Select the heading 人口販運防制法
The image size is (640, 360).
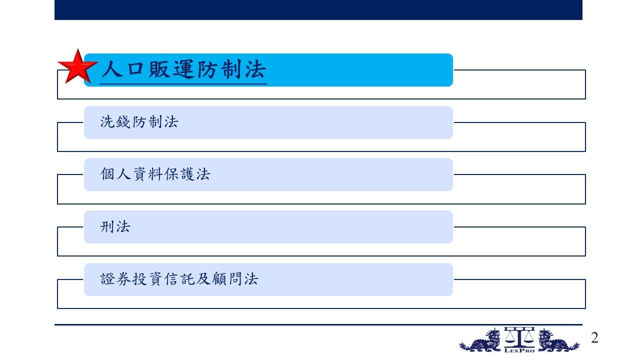pos(183,69)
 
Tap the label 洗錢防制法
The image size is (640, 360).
pos(139,122)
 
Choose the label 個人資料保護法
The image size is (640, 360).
pos(155,174)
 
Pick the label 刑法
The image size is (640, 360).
pos(115,227)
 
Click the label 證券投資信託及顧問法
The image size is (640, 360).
pos(179,279)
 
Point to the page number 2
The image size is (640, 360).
pos(595,337)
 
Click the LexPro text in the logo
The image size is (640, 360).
pos(519,350)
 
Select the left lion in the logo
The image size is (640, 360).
pos(480,340)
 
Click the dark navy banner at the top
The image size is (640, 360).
pos(318,9)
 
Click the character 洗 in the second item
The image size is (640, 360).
pos(107,122)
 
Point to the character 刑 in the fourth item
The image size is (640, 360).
pos(107,227)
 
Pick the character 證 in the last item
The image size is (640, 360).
pos(107,279)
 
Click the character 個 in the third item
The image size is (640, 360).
pos(107,174)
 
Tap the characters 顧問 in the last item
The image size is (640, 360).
pos(227,279)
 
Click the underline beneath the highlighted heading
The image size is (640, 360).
pos(183,84)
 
